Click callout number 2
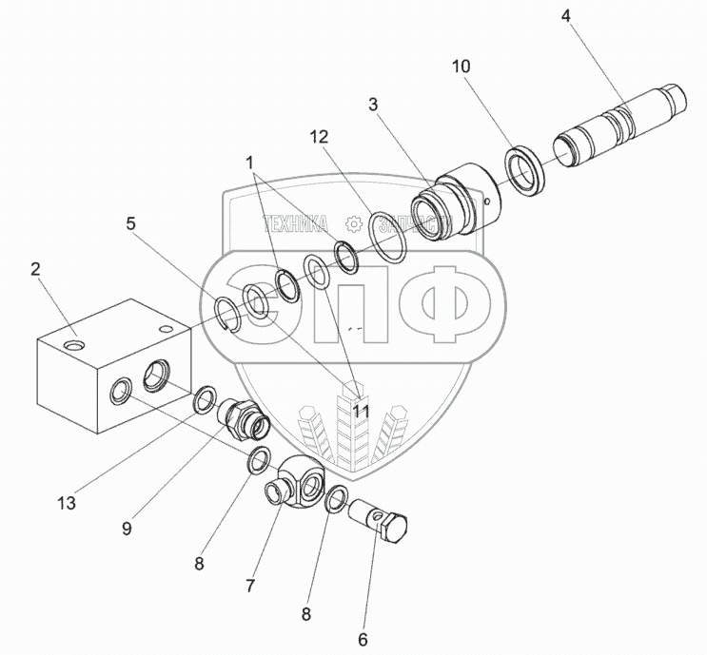point(34,269)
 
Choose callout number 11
point(361,411)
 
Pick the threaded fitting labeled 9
point(244,417)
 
